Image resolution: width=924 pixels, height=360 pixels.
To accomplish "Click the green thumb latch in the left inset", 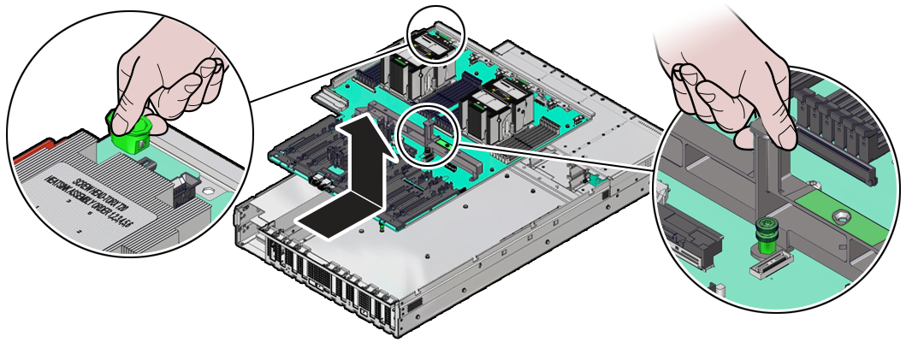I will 128,134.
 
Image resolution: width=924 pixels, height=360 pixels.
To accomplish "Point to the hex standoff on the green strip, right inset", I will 842,215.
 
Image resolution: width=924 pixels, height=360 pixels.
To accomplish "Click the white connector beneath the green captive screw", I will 768,268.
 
